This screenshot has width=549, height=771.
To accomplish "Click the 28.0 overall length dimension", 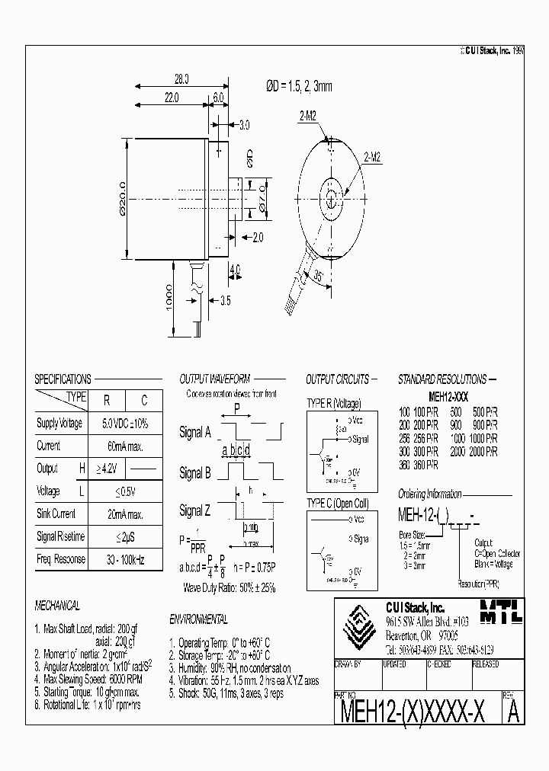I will tap(181, 78).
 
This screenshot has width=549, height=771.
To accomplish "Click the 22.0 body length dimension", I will tap(170, 98).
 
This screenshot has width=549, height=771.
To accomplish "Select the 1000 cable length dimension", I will tap(169, 299).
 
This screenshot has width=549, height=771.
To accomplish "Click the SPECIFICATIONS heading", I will tap(63, 379).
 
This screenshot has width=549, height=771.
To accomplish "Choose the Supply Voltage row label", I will tap(59, 423).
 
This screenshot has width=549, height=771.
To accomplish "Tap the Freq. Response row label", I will tap(60, 559).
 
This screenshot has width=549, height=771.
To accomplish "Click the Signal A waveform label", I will tap(195, 432).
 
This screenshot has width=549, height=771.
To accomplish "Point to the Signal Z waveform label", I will tap(195, 510).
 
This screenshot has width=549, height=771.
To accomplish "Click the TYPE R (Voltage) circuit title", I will tap(333, 403).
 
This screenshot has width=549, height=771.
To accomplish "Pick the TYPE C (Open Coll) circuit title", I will tap(338, 503).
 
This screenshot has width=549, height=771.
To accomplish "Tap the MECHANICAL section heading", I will tap(57, 606).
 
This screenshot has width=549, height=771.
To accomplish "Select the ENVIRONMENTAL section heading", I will tap(198, 620).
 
